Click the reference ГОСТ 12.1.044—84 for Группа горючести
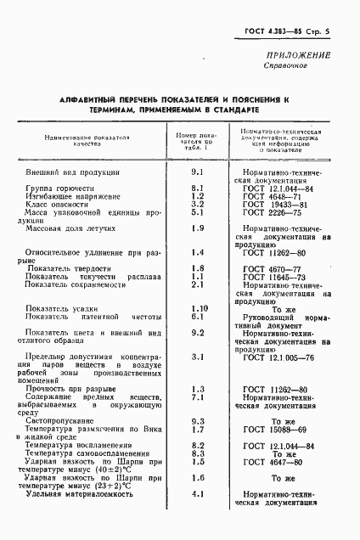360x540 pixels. [x=278, y=188]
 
